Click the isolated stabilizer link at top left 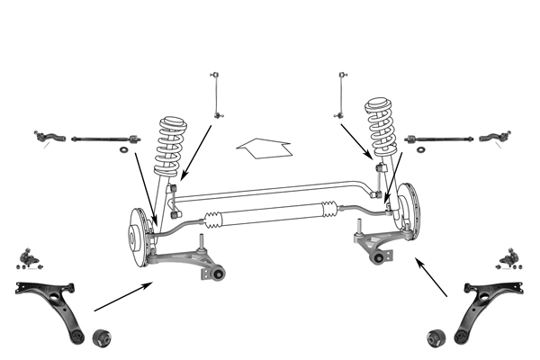[215, 94]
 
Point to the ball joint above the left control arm [32, 259]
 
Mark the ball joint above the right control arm [510, 258]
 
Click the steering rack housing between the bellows [270, 214]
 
